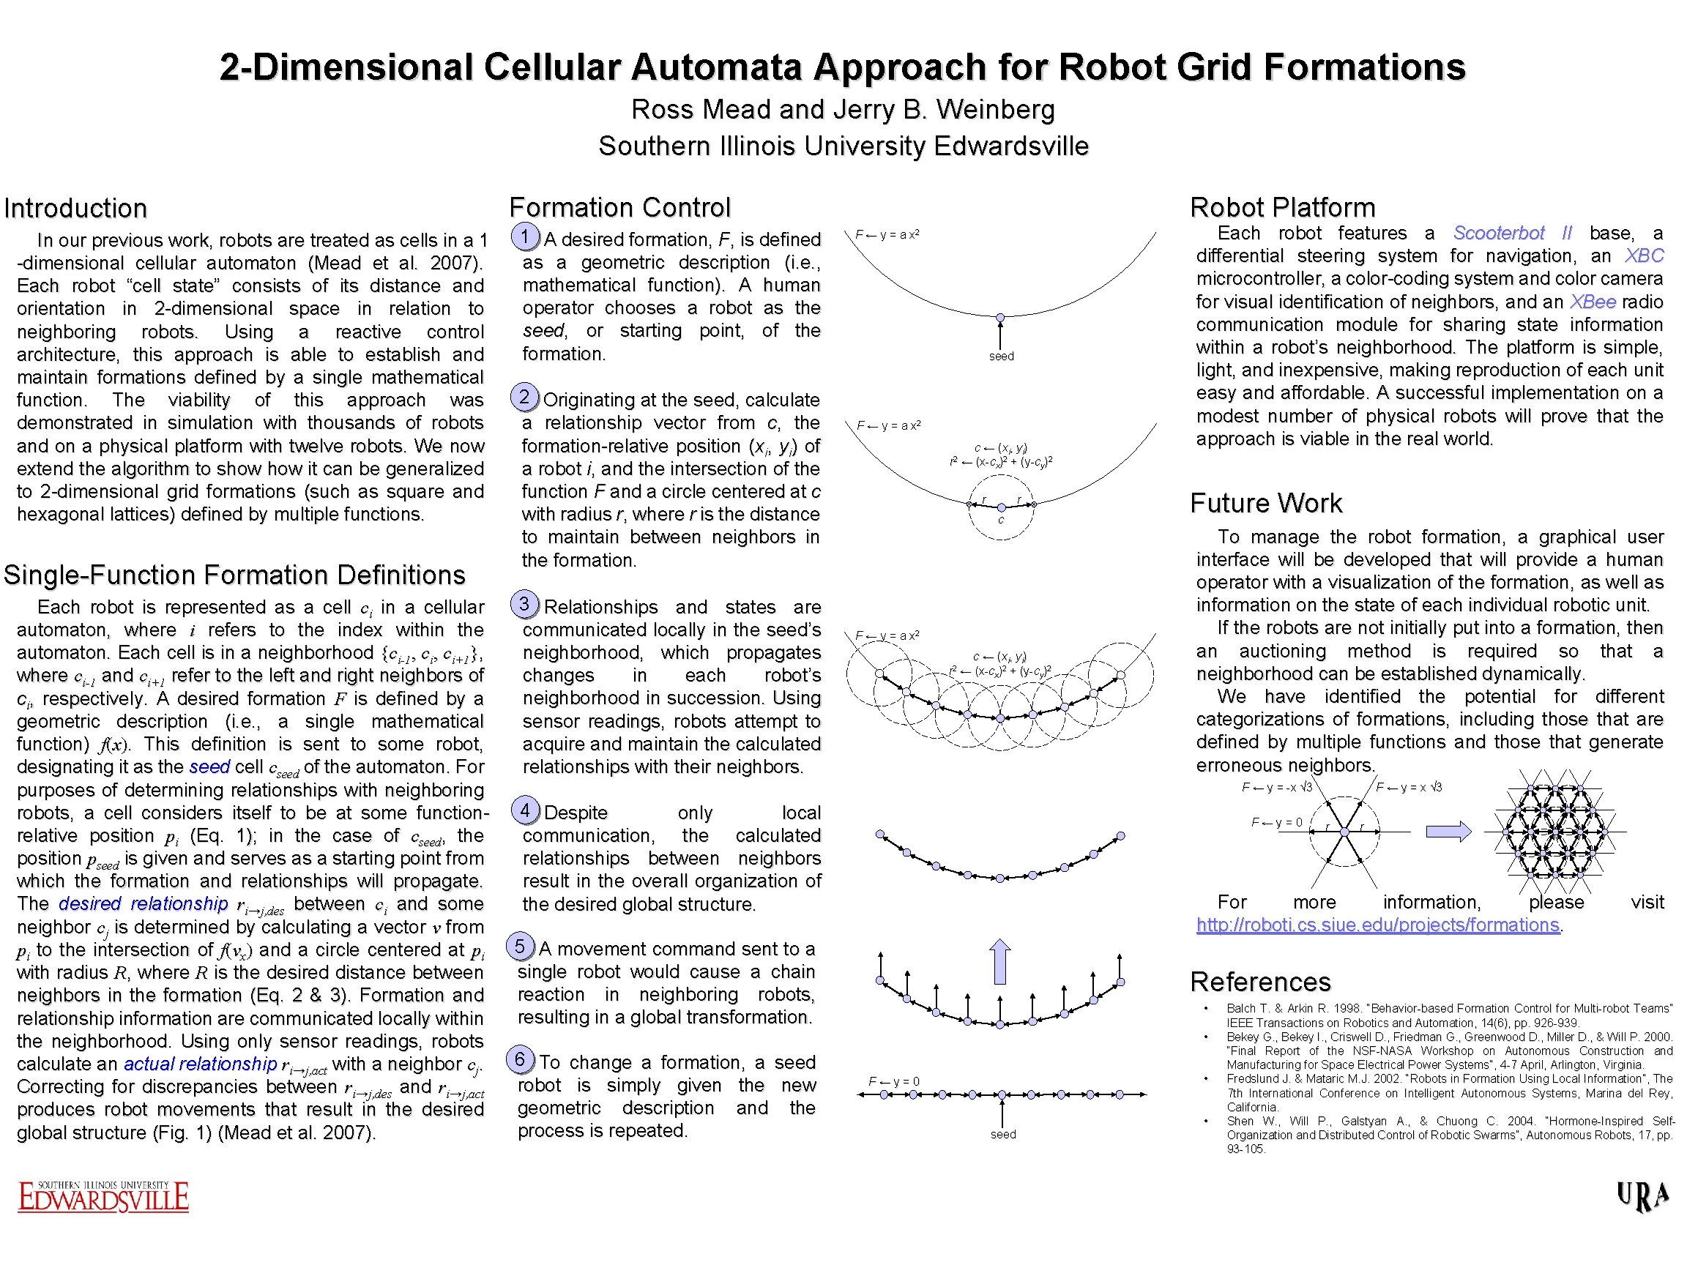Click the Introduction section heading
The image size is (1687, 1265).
[75, 208]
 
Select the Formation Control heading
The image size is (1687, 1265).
[619, 207]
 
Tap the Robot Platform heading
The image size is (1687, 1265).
[1282, 207]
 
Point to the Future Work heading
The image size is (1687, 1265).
[1266, 503]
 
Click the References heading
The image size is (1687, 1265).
[1260, 982]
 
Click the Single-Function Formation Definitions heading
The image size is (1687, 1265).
[234, 575]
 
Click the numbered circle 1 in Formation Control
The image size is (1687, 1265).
[525, 236]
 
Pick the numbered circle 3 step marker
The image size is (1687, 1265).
[525, 604]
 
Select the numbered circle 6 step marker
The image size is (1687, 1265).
[520, 1059]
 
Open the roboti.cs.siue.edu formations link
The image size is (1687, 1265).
[1377, 925]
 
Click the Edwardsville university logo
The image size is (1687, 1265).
[103, 1196]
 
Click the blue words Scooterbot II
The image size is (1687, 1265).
[1512, 233]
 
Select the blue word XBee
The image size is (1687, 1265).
[1593, 302]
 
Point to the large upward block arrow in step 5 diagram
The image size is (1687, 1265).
[1000, 960]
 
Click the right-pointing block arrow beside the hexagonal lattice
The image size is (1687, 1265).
[1448, 831]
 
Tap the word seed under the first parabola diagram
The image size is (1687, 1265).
[1002, 356]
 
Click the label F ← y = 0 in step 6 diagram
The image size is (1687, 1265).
[894, 1081]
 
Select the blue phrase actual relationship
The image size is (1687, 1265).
[200, 1064]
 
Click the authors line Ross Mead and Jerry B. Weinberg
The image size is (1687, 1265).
[843, 110]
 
